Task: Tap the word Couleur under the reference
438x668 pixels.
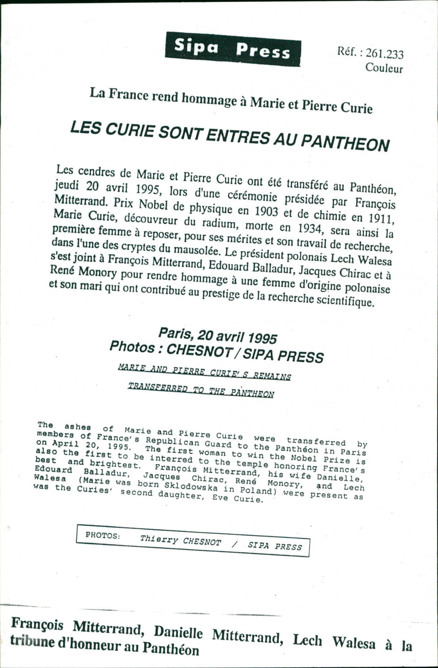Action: pos(384,68)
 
